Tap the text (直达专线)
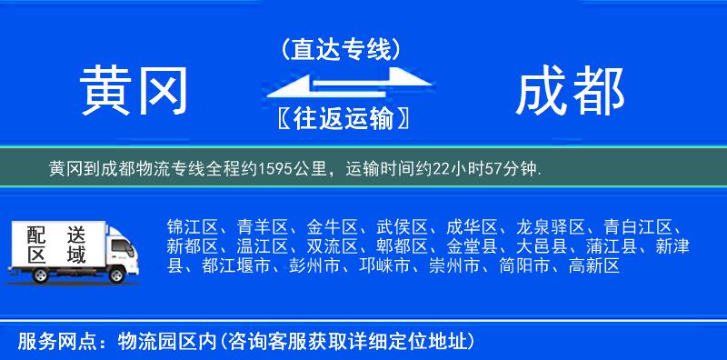[x=340, y=48]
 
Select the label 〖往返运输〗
[x=341, y=118]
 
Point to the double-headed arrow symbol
[x=341, y=85]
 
